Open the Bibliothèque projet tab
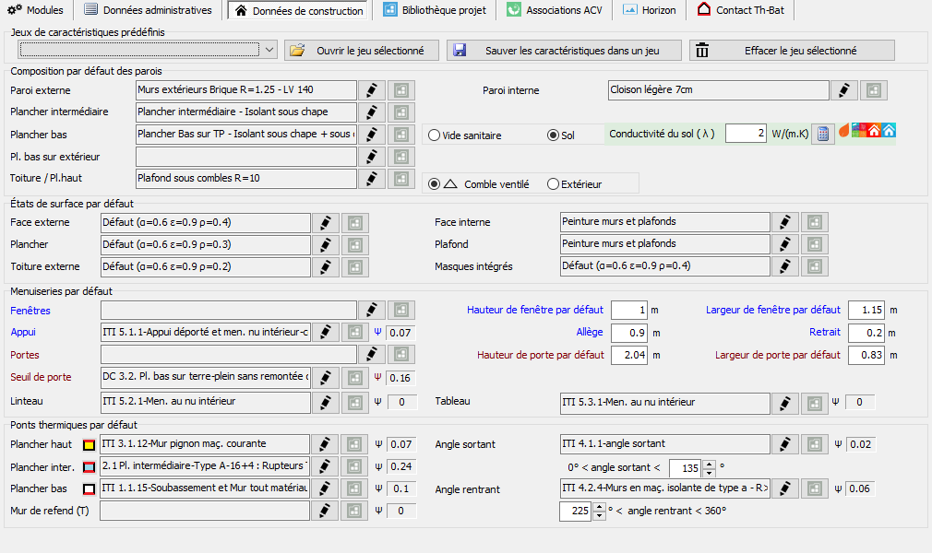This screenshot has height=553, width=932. click(x=435, y=10)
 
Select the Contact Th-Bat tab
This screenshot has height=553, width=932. click(x=741, y=10)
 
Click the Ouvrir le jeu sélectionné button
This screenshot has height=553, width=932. click(x=362, y=51)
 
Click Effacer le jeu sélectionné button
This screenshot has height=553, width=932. click(x=792, y=51)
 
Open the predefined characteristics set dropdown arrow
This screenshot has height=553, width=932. click(x=269, y=50)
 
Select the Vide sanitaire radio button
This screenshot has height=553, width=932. click(x=434, y=135)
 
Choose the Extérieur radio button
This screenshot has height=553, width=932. click(x=553, y=184)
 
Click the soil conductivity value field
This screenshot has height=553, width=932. click(x=746, y=133)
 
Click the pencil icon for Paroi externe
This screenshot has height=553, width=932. click(x=372, y=90)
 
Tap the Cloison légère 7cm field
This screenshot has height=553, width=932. click(x=718, y=90)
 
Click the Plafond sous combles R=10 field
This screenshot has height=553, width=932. click(x=246, y=178)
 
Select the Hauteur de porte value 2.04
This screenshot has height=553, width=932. click(x=628, y=355)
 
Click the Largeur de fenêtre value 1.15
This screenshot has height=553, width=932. click(x=866, y=310)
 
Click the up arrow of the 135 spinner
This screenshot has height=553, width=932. click(x=709, y=464)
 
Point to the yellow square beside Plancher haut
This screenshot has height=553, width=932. click(x=89, y=445)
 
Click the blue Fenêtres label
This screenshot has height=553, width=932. click(x=30, y=311)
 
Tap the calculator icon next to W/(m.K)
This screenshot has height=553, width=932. click(x=822, y=135)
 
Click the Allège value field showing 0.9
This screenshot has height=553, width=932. click(x=628, y=333)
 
